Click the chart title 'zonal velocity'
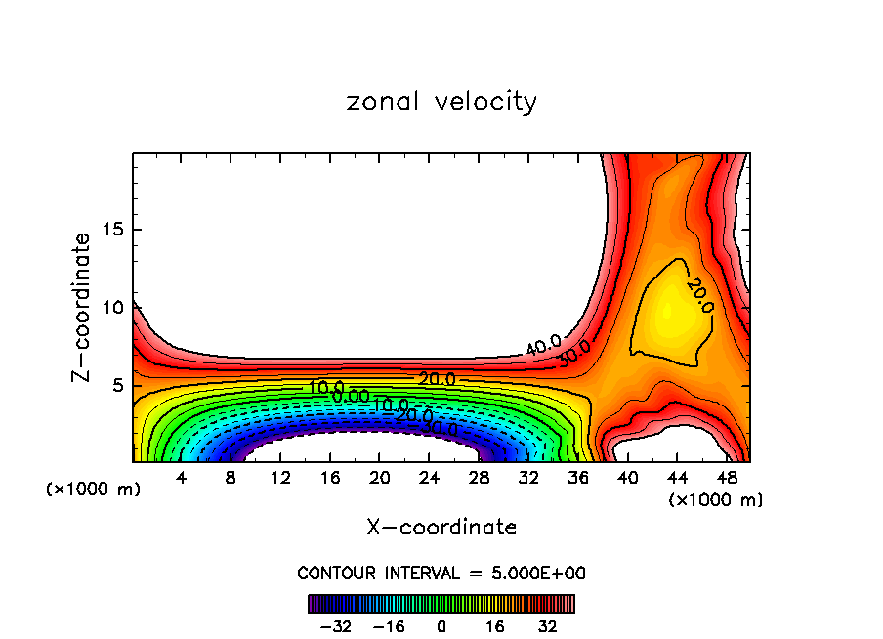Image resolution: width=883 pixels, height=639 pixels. [441, 102]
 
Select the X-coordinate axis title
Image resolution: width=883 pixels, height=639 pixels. [441, 528]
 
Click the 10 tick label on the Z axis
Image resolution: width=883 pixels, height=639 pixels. [114, 308]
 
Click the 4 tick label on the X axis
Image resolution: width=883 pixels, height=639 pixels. [182, 479]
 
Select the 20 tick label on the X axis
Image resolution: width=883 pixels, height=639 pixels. [380, 479]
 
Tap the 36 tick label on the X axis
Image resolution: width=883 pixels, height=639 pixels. [578, 479]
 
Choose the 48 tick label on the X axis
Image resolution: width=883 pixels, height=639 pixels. [727, 479]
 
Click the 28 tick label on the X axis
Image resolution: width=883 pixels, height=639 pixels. [480, 479]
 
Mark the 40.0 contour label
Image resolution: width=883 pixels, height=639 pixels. [544, 346]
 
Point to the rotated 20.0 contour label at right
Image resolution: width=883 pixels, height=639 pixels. [699, 295]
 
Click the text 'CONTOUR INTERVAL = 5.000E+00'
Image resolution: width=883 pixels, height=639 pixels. [441, 573]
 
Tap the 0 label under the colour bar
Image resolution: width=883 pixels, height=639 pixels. [441, 625]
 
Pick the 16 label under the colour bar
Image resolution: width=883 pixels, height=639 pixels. [494, 625]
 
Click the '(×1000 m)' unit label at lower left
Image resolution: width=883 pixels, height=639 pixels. [94, 490]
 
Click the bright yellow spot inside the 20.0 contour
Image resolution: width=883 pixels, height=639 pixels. [668, 311]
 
